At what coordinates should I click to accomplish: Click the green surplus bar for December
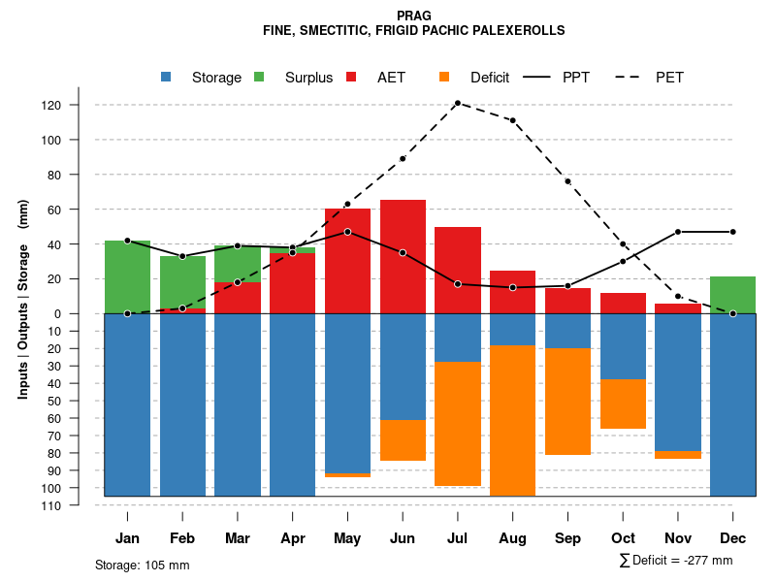pos(732,295)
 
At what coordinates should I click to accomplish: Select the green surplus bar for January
pos(127,276)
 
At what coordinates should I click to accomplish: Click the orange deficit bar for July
pos(458,424)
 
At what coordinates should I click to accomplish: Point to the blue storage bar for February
pos(182,404)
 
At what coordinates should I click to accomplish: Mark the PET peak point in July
pos(457,103)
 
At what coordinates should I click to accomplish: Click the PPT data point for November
pos(678,232)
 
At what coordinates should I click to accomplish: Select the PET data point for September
pos(567,181)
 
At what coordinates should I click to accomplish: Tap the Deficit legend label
pos(489,78)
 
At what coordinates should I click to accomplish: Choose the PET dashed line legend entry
pos(650,78)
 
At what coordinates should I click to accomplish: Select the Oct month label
pos(623,538)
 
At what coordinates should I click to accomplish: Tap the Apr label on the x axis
pos(292,538)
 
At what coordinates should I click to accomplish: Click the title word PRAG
pos(414,16)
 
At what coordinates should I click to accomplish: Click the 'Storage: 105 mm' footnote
pos(142,565)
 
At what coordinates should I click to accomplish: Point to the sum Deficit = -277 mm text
pos(675,561)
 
